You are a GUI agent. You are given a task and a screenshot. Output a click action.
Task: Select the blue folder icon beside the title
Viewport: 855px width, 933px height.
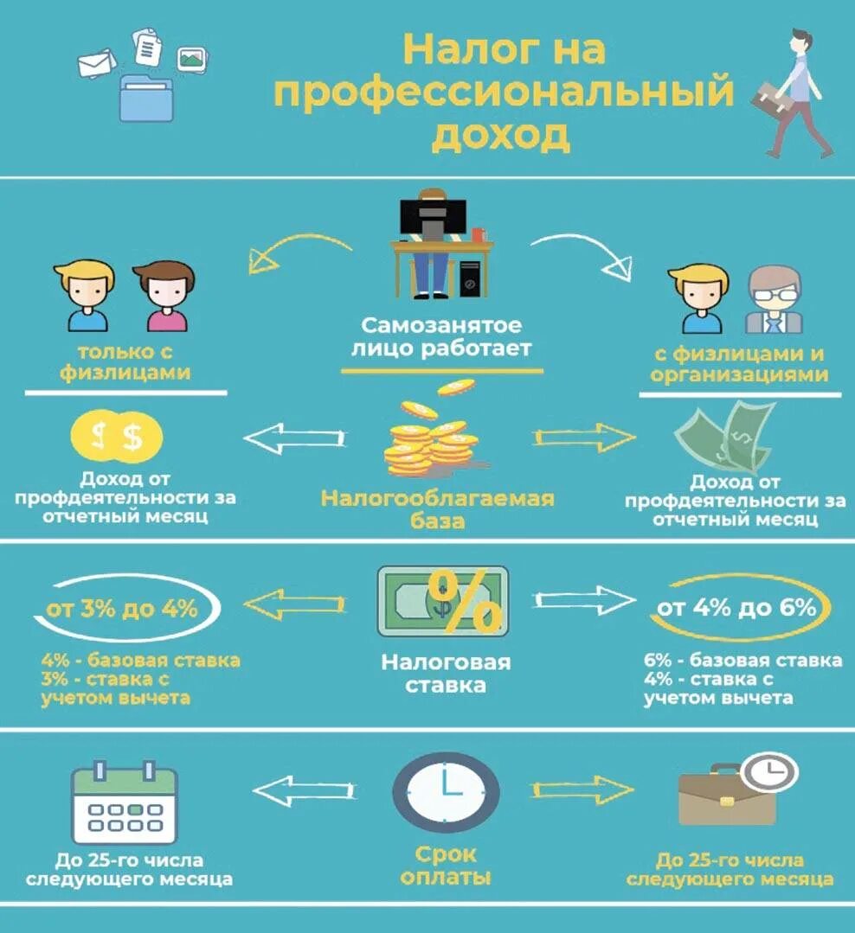146,98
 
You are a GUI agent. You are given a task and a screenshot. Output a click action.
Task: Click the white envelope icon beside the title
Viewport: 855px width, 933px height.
97,63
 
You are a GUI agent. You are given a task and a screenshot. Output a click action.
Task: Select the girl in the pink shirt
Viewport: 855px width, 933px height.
165,296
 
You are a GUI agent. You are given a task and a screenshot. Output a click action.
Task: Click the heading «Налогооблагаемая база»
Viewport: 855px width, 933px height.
438,509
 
